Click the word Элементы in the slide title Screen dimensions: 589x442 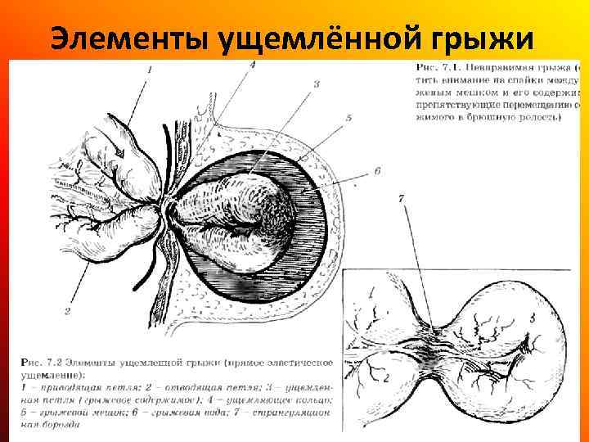(x=127, y=38)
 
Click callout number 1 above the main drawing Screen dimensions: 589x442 (x=149, y=71)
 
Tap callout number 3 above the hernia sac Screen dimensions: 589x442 (x=316, y=83)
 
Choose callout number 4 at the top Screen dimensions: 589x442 (x=252, y=65)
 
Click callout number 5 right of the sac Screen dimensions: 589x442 (x=349, y=118)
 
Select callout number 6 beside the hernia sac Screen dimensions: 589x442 (x=377, y=170)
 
